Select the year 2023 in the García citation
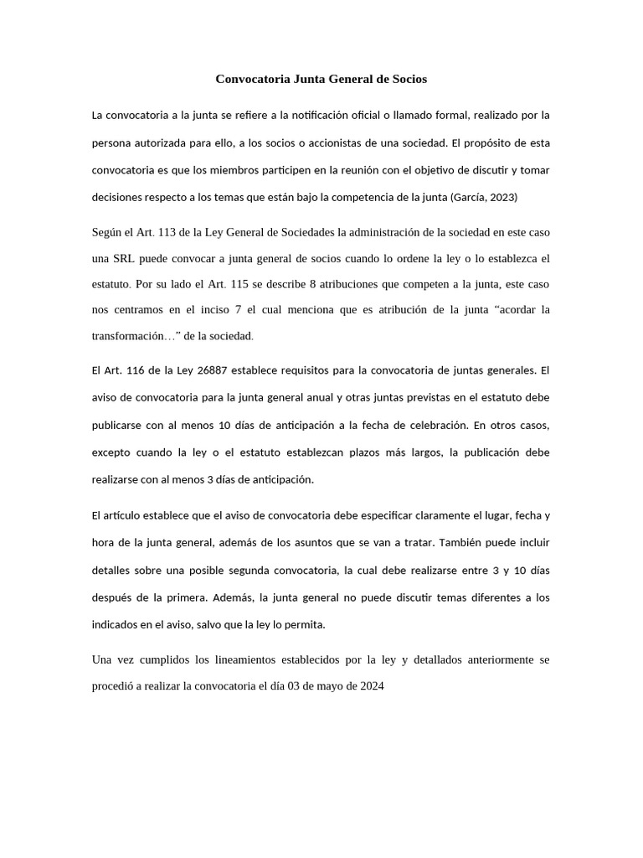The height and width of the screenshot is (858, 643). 503,198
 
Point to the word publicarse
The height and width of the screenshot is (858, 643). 118,425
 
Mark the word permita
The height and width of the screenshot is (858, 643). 305,625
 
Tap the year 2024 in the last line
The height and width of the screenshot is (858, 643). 371,685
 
